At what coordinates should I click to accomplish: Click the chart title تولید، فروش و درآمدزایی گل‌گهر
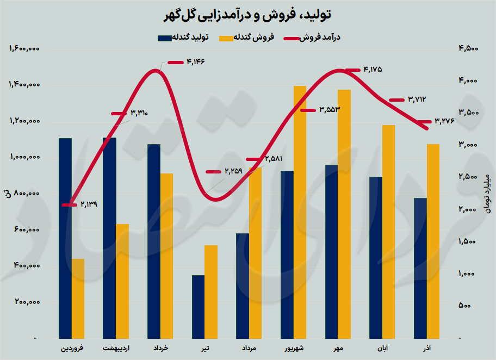point(247,15)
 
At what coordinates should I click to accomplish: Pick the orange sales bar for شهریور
point(300,212)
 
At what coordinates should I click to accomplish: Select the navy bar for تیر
point(198,307)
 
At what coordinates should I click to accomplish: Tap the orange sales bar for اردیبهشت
point(123,281)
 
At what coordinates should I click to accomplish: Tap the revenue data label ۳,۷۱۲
point(416,100)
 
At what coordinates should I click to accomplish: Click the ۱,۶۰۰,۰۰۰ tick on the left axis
point(25,49)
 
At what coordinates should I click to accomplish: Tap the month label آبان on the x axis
point(382,347)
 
